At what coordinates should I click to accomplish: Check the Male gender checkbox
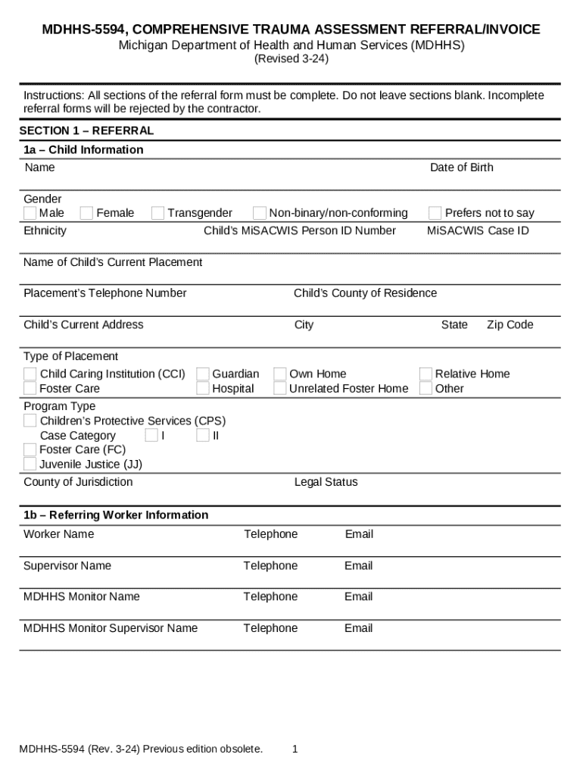pos(30,213)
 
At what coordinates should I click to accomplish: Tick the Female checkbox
pos(87,213)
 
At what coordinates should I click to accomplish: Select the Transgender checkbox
pos(157,213)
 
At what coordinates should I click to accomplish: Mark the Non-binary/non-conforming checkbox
pos(260,213)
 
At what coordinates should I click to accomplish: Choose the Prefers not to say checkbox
pos(435,213)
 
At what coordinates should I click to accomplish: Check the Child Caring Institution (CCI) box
pos(30,374)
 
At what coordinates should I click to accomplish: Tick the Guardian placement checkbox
pos(203,374)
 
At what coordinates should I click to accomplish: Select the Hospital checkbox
pos(203,389)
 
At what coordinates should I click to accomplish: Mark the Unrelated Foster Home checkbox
pos(280,389)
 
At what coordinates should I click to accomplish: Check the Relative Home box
pos(426,374)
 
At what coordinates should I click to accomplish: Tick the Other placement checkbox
pos(426,389)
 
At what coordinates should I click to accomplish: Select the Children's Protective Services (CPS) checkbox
pos(30,421)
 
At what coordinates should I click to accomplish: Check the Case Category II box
pos(203,435)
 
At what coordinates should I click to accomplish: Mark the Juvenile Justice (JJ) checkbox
pos(30,464)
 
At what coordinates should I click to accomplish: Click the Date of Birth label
pos(461,167)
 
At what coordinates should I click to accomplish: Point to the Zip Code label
pos(510,324)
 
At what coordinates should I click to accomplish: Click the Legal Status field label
pos(326,482)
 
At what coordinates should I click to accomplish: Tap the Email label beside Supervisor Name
pos(359,565)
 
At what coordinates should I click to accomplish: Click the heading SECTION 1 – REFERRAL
pos(86,131)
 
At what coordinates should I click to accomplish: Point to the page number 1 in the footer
pos(295,749)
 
